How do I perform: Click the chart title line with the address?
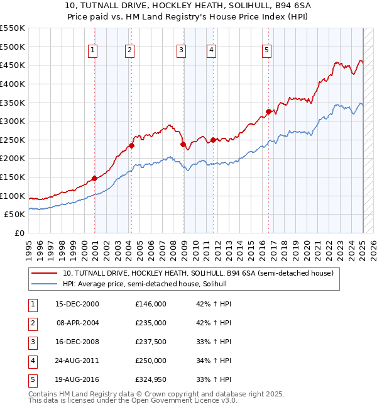(x=188, y=6)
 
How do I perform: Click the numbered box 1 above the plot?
(x=92, y=51)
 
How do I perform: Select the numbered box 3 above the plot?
(x=181, y=51)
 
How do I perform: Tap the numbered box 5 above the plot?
(x=266, y=51)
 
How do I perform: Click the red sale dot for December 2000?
(x=94, y=178)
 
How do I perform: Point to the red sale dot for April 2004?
(x=131, y=145)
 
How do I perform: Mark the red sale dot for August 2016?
(x=268, y=111)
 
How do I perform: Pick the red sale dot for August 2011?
(x=213, y=140)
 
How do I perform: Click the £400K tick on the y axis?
(x=13, y=84)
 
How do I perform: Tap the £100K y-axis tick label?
(x=13, y=196)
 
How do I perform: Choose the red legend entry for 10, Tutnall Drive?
(x=201, y=273)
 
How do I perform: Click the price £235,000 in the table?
(x=151, y=323)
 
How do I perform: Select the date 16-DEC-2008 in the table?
(x=77, y=342)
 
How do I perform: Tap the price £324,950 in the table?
(x=151, y=379)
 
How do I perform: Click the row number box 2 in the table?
(x=31, y=323)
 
